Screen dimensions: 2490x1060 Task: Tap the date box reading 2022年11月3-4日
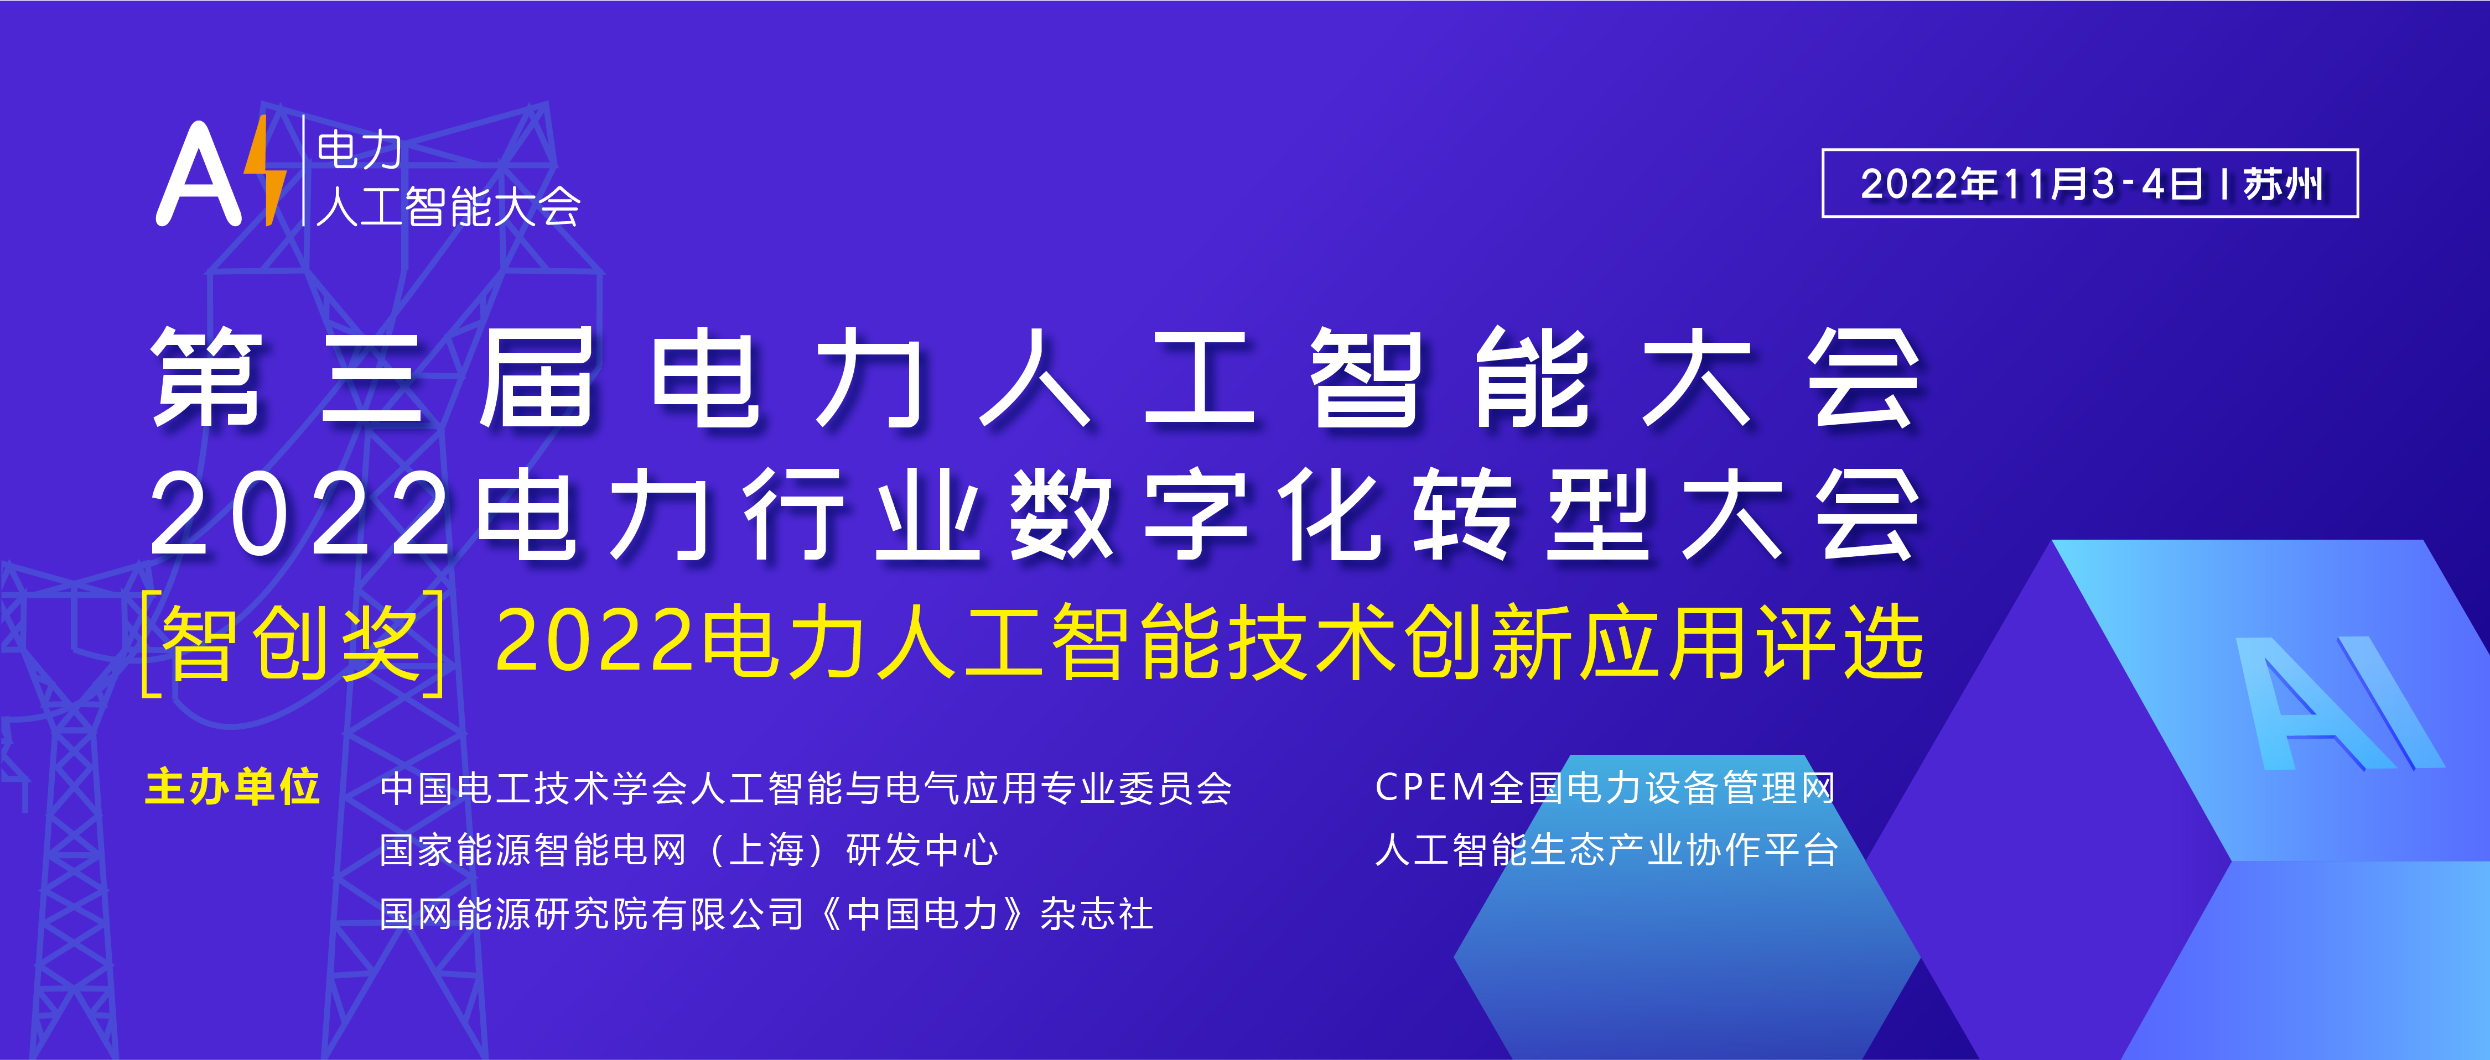click(2090, 184)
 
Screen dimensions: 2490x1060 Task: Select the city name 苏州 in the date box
click(2283, 184)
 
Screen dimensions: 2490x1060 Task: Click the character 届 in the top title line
click(537, 377)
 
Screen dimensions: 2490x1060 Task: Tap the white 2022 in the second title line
click(300, 514)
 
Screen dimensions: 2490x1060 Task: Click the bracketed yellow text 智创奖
click(292, 643)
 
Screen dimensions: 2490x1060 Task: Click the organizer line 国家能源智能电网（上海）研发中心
click(688, 850)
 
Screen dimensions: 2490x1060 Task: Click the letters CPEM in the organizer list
click(1430, 787)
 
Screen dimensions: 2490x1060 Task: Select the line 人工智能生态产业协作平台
click(1606, 850)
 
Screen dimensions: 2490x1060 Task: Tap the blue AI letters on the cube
click(2339, 703)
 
